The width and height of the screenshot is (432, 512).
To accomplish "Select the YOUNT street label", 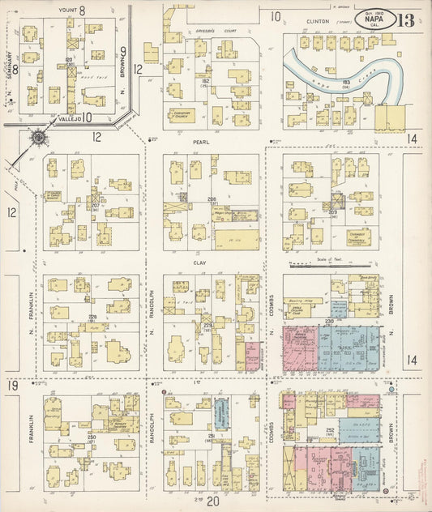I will point(68,11).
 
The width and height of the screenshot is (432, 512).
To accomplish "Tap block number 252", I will point(331,430).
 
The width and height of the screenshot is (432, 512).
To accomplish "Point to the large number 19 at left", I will point(13,386).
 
